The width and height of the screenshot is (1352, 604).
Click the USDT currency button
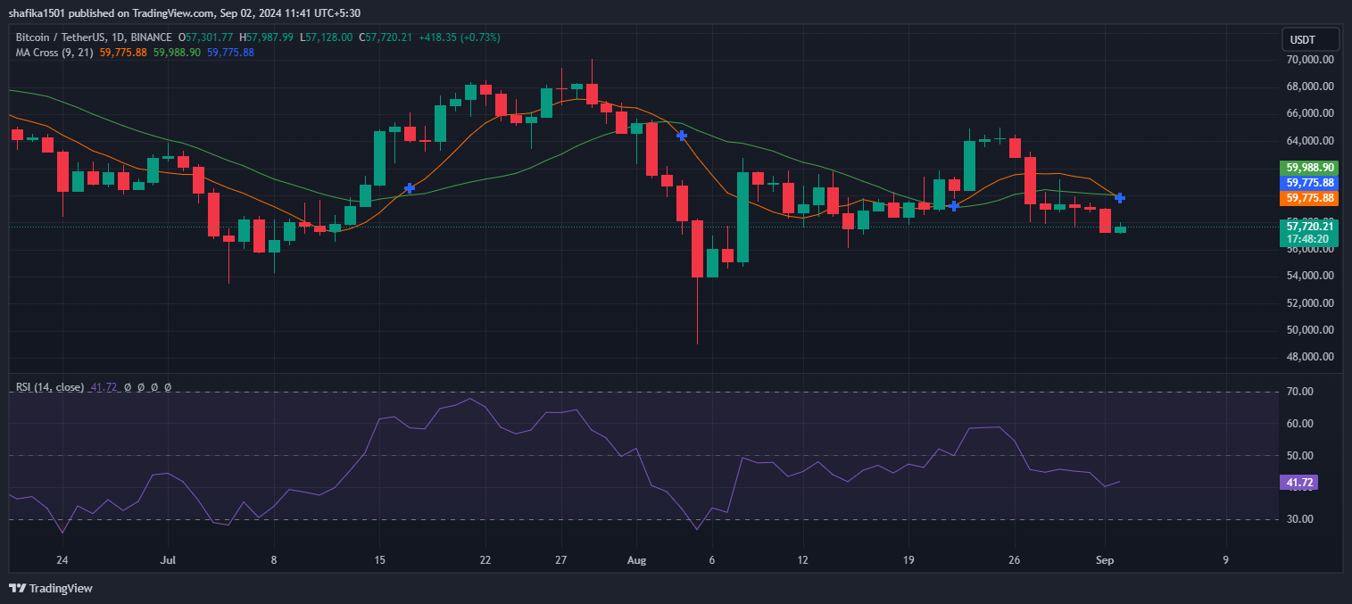coord(1309,39)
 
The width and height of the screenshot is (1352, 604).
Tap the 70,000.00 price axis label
coord(1309,60)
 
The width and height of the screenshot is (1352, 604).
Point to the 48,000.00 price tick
coord(1309,357)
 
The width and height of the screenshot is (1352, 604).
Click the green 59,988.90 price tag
coord(1309,168)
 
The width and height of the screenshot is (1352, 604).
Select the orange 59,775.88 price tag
coord(1309,198)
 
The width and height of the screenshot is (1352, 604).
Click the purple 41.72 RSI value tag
coord(1298,483)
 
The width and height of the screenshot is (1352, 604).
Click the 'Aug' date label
coord(636,560)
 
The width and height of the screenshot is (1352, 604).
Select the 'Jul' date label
coord(167,560)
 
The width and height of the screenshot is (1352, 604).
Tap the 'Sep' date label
coord(1105,560)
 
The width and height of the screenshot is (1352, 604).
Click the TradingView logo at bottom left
coord(51,589)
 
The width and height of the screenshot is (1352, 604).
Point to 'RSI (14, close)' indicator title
coord(50,387)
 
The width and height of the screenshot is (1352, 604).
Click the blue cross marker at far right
coord(1120,197)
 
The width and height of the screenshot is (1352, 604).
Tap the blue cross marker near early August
coord(682,136)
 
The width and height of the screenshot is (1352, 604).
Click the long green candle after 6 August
coord(742,217)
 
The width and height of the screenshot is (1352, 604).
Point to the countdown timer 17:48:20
coord(1309,239)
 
